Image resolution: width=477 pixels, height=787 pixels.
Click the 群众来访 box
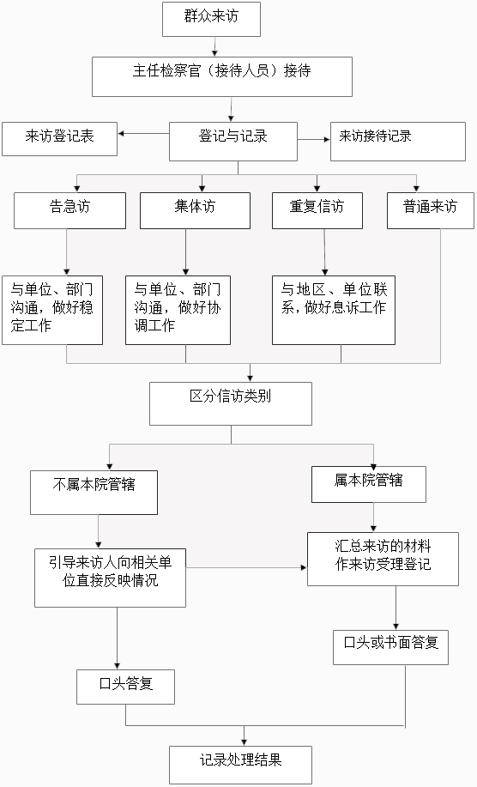[211, 19]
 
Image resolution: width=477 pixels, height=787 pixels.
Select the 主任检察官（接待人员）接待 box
[221, 76]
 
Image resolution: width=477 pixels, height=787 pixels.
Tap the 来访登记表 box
[60, 139]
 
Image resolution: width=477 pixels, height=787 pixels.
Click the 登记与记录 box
[233, 142]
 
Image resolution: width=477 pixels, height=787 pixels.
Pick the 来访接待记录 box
[398, 142]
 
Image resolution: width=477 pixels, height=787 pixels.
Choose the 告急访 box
[69, 211]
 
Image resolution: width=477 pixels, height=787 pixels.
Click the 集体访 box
[195, 211]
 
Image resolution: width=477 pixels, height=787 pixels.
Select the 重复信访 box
[317, 211]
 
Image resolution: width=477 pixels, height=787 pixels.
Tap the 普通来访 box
[431, 211]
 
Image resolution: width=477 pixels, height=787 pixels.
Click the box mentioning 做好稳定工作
[52, 310]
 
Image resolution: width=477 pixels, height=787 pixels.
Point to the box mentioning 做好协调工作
[178, 310]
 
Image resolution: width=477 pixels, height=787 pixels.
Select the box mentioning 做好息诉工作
[334, 310]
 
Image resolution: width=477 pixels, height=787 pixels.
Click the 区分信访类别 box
[231, 404]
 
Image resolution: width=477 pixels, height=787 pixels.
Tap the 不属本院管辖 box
[94, 493]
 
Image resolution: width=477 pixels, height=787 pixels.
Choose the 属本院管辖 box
[369, 484]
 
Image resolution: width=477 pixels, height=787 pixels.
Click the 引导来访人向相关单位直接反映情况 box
[111, 578]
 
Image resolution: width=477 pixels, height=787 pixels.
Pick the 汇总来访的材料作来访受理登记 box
[383, 559]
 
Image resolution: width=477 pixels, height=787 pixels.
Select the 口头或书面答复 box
[390, 647]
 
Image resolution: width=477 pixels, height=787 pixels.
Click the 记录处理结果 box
[240, 765]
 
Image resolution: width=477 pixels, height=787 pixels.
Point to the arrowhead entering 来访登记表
[121, 134]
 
